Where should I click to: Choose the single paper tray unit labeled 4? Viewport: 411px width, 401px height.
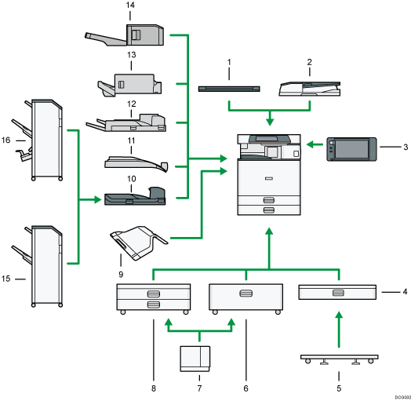pyautogui.click(x=337, y=293)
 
